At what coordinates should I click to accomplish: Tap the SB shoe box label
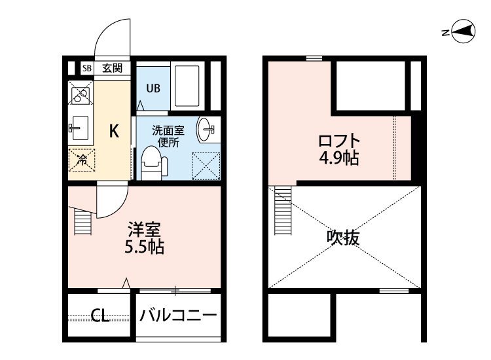pos(87,68)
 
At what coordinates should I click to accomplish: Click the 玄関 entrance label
pos(112,68)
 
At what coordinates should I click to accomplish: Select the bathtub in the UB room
pos(187,86)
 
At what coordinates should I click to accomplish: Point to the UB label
pos(153,88)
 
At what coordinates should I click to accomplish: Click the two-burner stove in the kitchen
pos(81,93)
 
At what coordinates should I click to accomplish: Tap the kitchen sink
pos(81,128)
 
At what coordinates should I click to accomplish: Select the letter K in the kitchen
pos(114,131)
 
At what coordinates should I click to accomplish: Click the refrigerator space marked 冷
pos(82,160)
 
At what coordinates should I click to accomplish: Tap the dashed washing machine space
pos(206,166)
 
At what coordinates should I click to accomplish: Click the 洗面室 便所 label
pos(168,136)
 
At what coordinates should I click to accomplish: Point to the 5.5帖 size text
pos(145,247)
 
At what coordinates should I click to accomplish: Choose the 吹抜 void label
pos(343,238)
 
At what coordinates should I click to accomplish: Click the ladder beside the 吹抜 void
pos(283,210)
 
